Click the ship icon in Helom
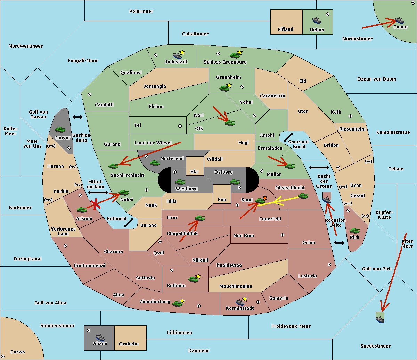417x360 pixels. pyautogui.click(x=317, y=20)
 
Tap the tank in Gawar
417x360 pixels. pyautogui.click(x=60, y=129)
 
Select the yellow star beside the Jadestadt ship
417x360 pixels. pyautogui.click(x=182, y=52)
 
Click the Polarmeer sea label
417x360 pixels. pyautogui.click(x=141, y=11)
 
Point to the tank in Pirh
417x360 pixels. pyautogui.click(x=354, y=231)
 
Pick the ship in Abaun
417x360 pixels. pyautogui.click(x=100, y=337)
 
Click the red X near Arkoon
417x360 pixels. pyautogui.click(x=95, y=204)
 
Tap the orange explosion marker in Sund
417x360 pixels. pyautogui.click(x=265, y=198)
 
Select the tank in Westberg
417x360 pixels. pyautogui.click(x=180, y=182)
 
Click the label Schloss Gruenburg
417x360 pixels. pyautogui.click(x=225, y=62)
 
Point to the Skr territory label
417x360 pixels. pyautogui.click(x=195, y=171)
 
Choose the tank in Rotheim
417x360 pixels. pyautogui.click(x=194, y=279)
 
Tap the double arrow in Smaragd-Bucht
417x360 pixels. pyautogui.click(x=288, y=137)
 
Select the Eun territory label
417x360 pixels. pyautogui.click(x=222, y=199)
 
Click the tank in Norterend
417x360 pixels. pyautogui.click(x=155, y=163)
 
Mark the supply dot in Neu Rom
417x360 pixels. pyautogui.click(x=283, y=235)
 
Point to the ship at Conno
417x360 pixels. pyautogui.click(x=399, y=20)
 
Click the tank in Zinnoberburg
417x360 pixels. pyautogui.click(x=178, y=304)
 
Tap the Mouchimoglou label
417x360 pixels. pyautogui.click(x=236, y=286)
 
